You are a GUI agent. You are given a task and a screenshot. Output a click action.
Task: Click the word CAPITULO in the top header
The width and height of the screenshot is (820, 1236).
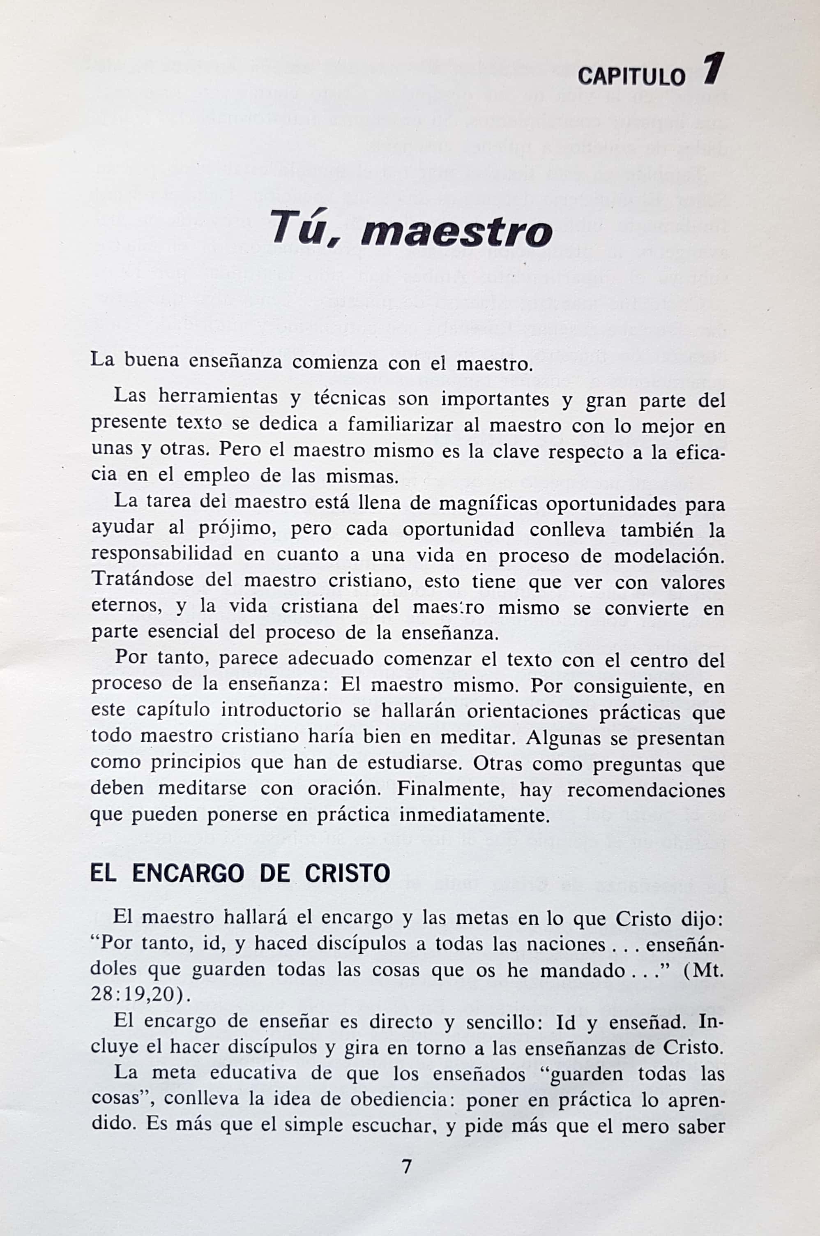[631, 77]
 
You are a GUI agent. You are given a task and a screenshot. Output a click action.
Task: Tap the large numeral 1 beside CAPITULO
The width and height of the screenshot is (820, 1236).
[713, 69]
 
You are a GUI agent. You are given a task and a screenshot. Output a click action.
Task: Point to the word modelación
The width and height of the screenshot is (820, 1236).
[669, 556]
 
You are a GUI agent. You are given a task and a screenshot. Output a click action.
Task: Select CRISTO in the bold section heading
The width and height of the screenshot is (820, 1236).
[347, 873]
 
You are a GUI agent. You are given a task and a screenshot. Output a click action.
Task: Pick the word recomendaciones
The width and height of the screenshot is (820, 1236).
[646, 789]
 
